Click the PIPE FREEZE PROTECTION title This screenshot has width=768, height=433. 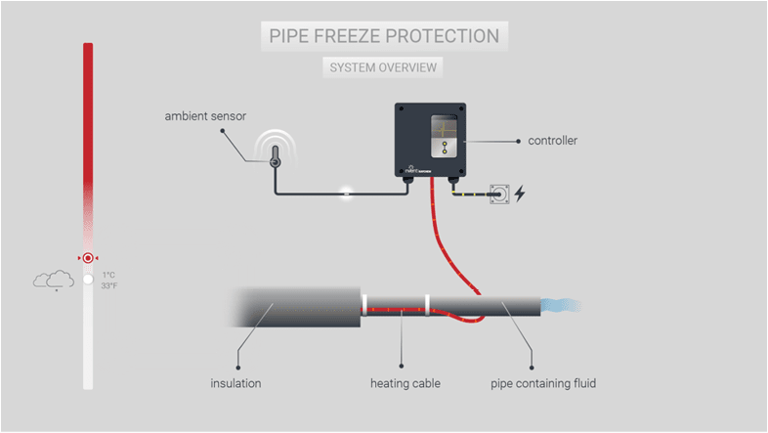[x=384, y=36]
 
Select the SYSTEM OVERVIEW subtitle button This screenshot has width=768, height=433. [x=384, y=67]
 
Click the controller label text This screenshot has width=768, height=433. [x=553, y=141]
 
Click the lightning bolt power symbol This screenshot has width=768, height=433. [x=520, y=194]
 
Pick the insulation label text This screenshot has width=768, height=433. [x=235, y=383]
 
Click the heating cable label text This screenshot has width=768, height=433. [x=403, y=383]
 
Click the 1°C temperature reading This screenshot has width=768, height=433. [x=109, y=275]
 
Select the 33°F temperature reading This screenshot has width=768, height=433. [x=109, y=286]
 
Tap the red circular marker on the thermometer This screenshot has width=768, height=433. [x=88, y=258]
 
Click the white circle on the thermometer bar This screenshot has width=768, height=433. [x=88, y=280]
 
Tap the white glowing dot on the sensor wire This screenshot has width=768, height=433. [x=344, y=192]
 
